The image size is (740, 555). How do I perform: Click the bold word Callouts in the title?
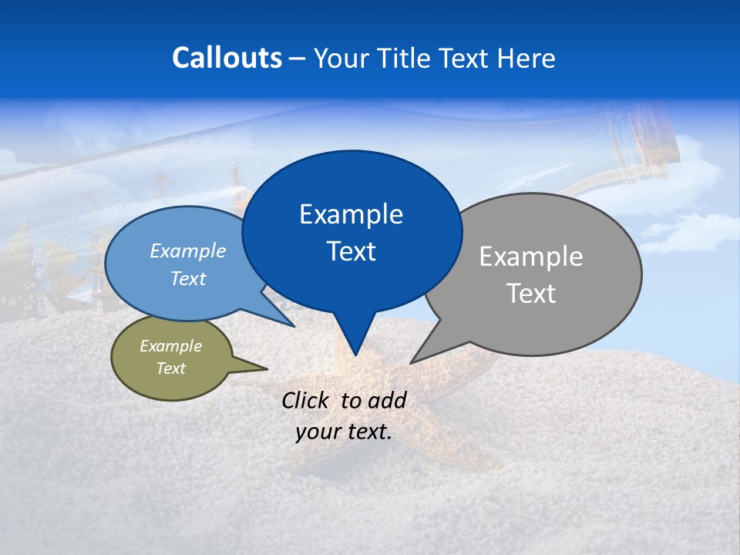click(227, 58)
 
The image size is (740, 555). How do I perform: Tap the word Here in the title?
click(526, 58)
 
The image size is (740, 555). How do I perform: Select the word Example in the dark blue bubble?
click(351, 214)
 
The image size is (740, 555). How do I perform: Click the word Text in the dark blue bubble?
click(351, 251)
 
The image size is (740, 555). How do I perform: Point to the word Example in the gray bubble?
click(531, 257)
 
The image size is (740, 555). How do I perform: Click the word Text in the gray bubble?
click(531, 294)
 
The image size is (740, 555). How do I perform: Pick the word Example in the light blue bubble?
click(188, 251)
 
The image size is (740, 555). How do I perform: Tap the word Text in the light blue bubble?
click(188, 278)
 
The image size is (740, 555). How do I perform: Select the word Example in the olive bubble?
click(170, 346)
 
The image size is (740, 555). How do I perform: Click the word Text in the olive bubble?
click(170, 368)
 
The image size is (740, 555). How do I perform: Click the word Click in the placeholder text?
click(307, 400)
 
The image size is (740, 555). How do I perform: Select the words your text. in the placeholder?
click(344, 432)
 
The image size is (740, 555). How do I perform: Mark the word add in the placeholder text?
click(387, 400)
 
